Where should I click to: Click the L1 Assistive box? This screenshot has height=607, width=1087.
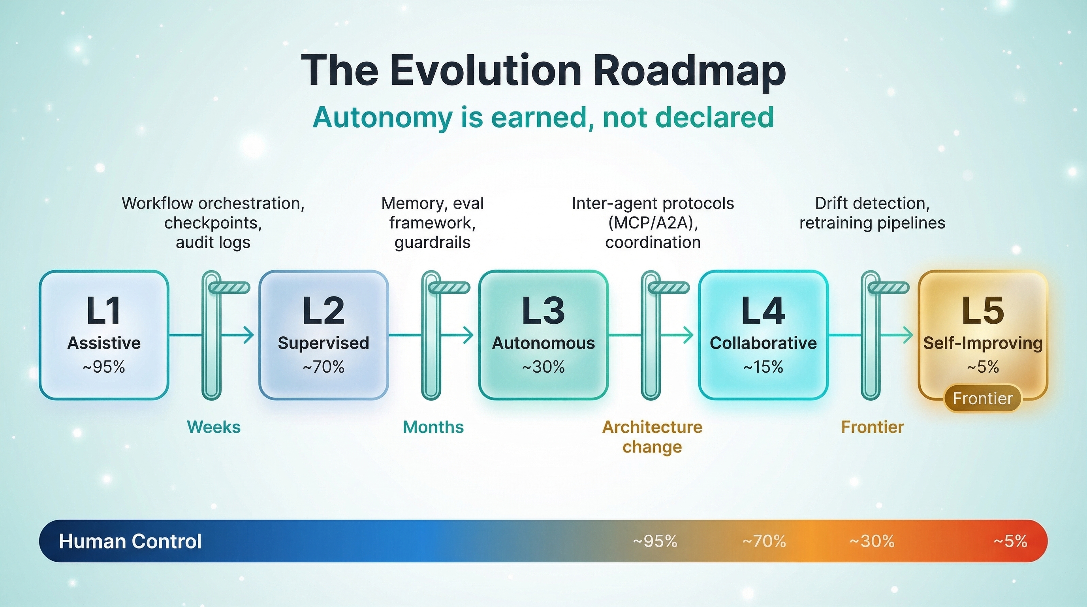pos(104,335)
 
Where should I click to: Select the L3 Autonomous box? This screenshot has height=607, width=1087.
pos(543,335)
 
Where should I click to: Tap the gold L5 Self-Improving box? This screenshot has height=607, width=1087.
pos(983,335)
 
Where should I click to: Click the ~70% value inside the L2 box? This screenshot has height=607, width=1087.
pos(323,367)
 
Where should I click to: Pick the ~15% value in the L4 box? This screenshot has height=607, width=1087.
pos(764,367)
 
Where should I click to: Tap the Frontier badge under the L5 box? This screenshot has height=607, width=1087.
pos(983,398)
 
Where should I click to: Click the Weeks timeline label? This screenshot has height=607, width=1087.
pos(214,427)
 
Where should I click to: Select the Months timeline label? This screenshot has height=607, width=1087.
pos(433,427)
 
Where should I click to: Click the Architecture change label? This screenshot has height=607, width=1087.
pos(653,437)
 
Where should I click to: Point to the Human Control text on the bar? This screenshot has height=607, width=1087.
pos(130,541)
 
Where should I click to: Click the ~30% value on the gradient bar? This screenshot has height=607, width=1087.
pos(872,541)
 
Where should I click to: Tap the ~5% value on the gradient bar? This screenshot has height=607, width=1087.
pos(1011,541)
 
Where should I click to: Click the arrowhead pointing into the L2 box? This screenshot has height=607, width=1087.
pos(249,335)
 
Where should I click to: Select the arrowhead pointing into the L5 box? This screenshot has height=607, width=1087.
pos(908,335)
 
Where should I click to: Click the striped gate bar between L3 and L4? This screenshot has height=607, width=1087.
pos(669,288)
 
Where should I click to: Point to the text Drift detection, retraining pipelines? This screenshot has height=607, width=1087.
pos(872,213)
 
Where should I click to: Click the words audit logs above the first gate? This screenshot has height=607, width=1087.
pos(213,243)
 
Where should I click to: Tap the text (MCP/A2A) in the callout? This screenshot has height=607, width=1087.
pos(653,223)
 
